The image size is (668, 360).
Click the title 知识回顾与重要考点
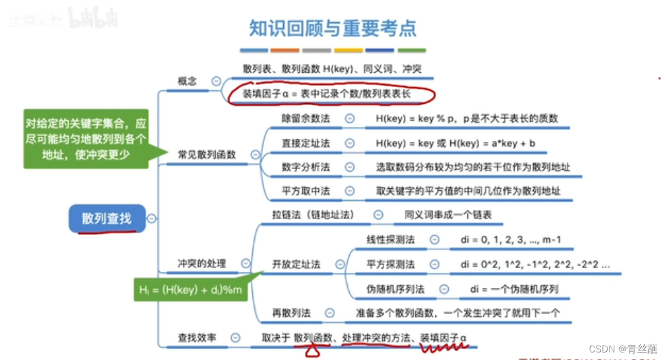(333, 28)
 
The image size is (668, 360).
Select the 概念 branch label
(187, 81)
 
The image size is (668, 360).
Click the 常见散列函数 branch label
(206, 155)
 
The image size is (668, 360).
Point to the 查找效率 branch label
(197, 337)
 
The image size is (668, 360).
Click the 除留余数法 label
(306, 118)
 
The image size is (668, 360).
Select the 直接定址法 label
(306, 143)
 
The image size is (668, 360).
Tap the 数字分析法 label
(306, 167)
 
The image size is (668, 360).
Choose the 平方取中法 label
(306, 190)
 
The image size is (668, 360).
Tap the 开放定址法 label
(296, 264)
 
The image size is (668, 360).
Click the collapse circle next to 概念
(216, 81)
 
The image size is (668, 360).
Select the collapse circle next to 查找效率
(236, 337)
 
